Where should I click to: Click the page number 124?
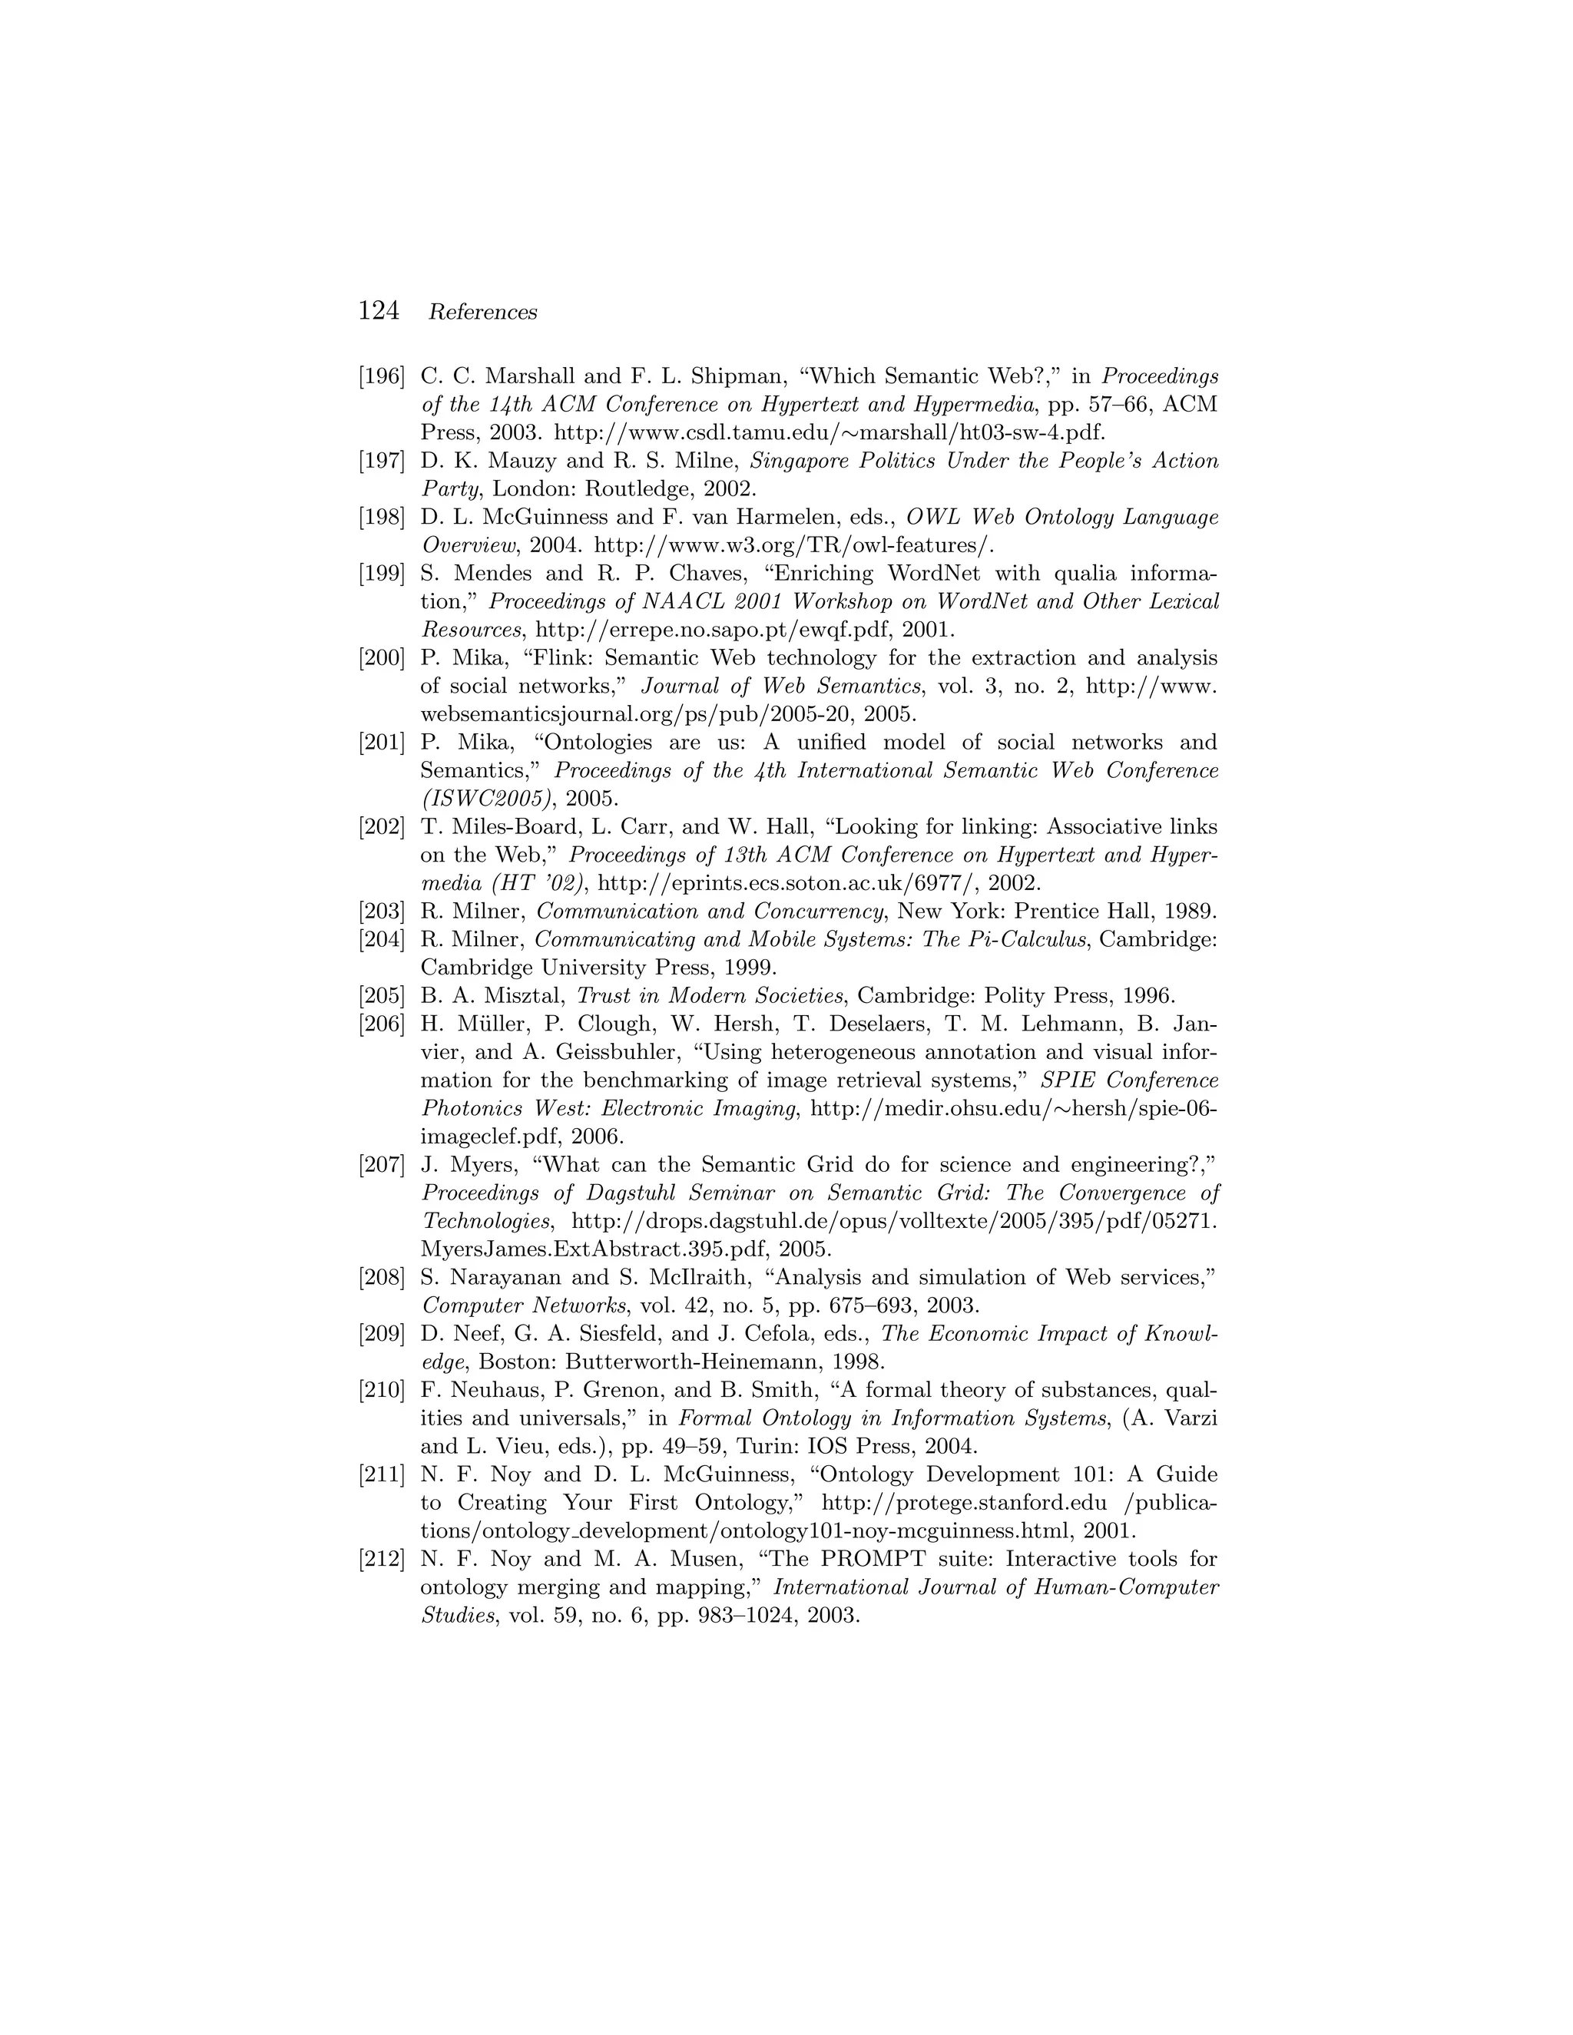379,311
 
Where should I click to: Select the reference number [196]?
382,376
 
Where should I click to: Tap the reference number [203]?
382,912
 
